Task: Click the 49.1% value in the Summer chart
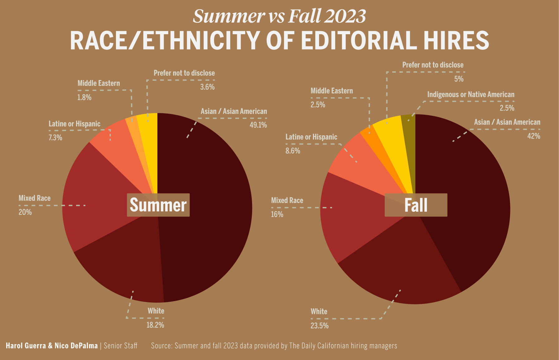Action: [x=258, y=125]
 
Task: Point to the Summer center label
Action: [x=158, y=205]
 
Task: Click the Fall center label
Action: [x=416, y=205]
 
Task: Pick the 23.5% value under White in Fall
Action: [x=319, y=326]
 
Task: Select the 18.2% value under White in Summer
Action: [x=155, y=325]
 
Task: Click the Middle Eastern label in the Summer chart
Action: [x=98, y=83]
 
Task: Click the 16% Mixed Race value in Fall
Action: [x=277, y=215]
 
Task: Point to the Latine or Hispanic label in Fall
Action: [x=311, y=137]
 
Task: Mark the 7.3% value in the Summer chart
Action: [x=55, y=138]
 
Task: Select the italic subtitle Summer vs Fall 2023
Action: [x=279, y=16]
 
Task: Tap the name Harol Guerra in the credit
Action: [x=26, y=346]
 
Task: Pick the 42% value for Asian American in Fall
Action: [x=533, y=136]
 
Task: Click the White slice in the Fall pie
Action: [x=396, y=274]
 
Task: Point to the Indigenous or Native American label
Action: [x=471, y=94]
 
